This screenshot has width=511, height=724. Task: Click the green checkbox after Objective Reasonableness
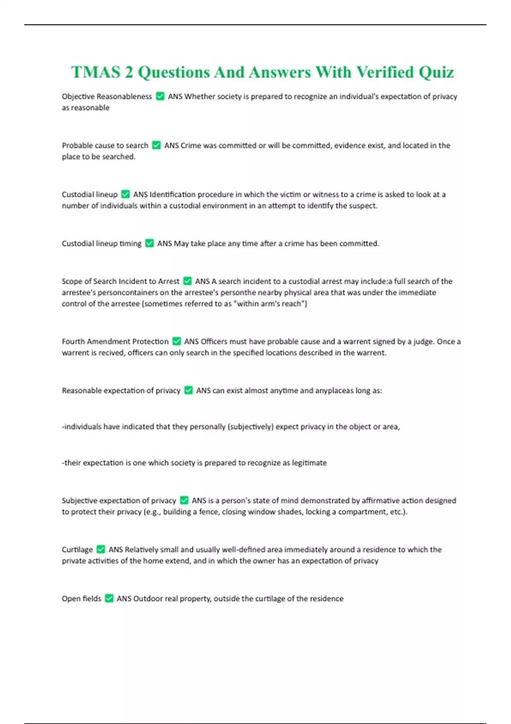coord(160,96)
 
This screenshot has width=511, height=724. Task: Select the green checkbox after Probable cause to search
coord(156,145)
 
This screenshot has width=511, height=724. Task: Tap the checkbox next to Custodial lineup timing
coord(149,243)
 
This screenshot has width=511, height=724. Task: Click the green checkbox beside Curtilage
coord(100,549)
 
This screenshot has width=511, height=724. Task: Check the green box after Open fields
coord(109,598)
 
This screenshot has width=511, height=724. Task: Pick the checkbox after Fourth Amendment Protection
coord(176,341)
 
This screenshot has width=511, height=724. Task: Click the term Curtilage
coord(77,549)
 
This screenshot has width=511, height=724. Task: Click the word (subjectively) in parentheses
coord(250,426)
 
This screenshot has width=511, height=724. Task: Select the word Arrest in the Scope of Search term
coord(169,281)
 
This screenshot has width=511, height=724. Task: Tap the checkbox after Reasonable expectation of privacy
coord(188,390)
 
